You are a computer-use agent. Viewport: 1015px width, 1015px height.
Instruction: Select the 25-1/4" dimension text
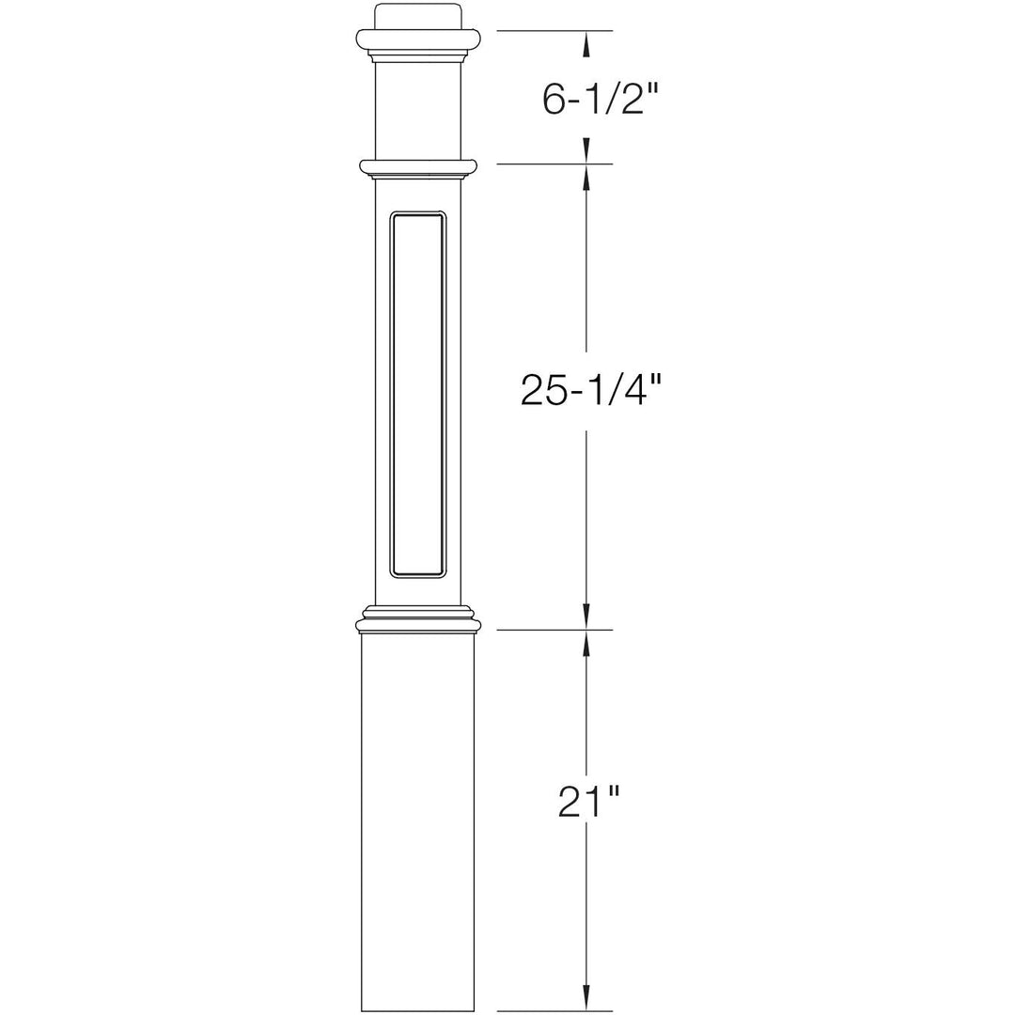pyautogui.click(x=586, y=389)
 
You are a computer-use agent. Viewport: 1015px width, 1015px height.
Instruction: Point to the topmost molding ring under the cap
pyautogui.click(x=418, y=39)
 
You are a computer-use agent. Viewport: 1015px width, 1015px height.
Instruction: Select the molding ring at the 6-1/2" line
pyautogui.click(x=418, y=167)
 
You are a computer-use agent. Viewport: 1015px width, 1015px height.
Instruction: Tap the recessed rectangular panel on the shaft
pyautogui.click(x=418, y=393)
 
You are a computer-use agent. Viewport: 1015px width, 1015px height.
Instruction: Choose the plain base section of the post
pyautogui.click(x=418, y=818)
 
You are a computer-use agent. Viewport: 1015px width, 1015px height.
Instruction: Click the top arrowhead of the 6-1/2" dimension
pyautogui.click(x=587, y=41)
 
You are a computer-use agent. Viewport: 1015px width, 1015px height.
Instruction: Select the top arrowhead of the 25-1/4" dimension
pyautogui.click(x=587, y=177)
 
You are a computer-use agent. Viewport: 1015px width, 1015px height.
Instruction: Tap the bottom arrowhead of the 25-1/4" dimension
pyautogui.click(x=587, y=617)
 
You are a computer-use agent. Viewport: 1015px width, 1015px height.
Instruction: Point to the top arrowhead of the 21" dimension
pyautogui.click(x=587, y=643)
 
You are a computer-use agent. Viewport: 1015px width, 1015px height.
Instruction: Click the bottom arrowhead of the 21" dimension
pyautogui.click(x=587, y=999)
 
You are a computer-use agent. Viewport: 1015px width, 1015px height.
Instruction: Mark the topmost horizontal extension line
pyautogui.click(x=554, y=31)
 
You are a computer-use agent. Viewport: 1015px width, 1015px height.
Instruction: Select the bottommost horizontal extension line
pyautogui.click(x=554, y=1011)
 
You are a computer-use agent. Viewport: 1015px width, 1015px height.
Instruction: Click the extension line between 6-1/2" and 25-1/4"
pyautogui.click(x=554, y=164)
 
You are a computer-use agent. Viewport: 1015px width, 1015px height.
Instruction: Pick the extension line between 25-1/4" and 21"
pyautogui.click(x=554, y=630)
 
